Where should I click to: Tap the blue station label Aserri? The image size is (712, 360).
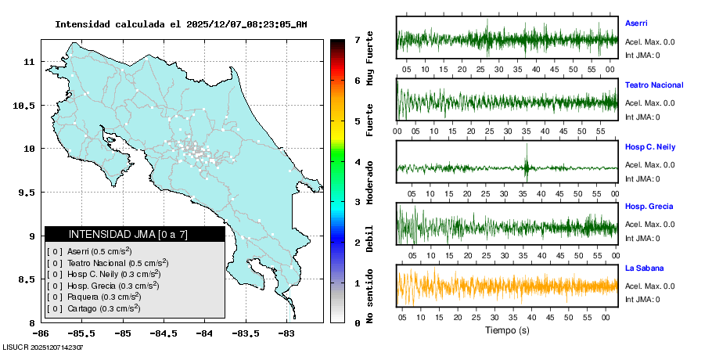636,23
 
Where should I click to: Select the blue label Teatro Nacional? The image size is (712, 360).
654,85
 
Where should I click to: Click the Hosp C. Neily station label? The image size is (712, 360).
649,146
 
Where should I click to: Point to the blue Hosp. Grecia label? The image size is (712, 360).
649,207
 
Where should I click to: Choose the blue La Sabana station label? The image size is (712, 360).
643,268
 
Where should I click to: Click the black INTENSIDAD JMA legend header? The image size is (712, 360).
135,234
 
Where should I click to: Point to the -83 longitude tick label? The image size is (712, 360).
286,333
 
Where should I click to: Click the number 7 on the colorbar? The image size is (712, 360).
357,39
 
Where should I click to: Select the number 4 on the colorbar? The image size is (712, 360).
357,162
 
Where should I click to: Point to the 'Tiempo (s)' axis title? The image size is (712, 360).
507,330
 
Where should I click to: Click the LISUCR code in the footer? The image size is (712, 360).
43,347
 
